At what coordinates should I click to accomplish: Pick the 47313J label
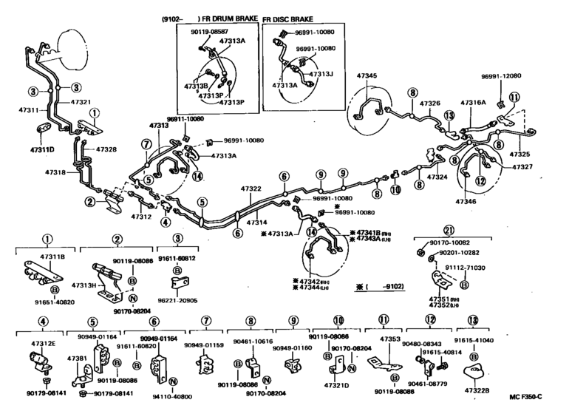pyautogui.click(x=321, y=75)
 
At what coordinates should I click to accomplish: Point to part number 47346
pyautogui.click(x=466, y=201)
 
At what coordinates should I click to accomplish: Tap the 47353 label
pyautogui.click(x=389, y=339)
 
